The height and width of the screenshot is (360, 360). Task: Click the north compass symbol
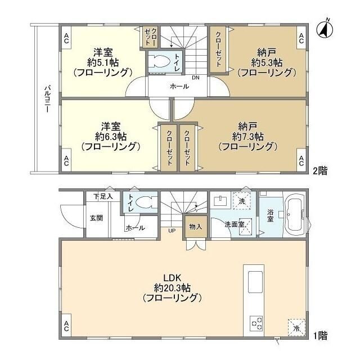(x=325, y=29)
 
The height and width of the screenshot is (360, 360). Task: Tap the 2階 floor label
(x=320, y=171)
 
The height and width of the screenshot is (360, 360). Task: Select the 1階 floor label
(x=320, y=336)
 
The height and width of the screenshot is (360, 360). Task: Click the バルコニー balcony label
(x=47, y=99)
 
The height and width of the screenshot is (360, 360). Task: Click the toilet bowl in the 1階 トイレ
(x=144, y=202)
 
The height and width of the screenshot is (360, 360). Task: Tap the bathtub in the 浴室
(x=295, y=215)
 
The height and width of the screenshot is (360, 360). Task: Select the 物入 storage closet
(x=196, y=227)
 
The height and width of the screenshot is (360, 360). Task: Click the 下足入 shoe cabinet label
(x=103, y=196)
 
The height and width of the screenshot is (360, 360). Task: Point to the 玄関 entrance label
(x=96, y=218)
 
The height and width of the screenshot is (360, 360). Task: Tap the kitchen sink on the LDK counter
(x=255, y=282)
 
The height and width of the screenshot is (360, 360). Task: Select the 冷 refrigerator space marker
(x=296, y=327)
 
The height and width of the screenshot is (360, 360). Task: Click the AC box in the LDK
(x=66, y=326)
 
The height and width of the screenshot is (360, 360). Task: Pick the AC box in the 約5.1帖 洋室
(x=66, y=38)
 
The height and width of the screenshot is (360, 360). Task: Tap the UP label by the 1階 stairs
(x=172, y=231)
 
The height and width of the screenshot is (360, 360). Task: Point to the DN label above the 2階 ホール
(x=196, y=78)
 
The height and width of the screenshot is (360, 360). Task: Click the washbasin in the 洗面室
(x=220, y=201)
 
